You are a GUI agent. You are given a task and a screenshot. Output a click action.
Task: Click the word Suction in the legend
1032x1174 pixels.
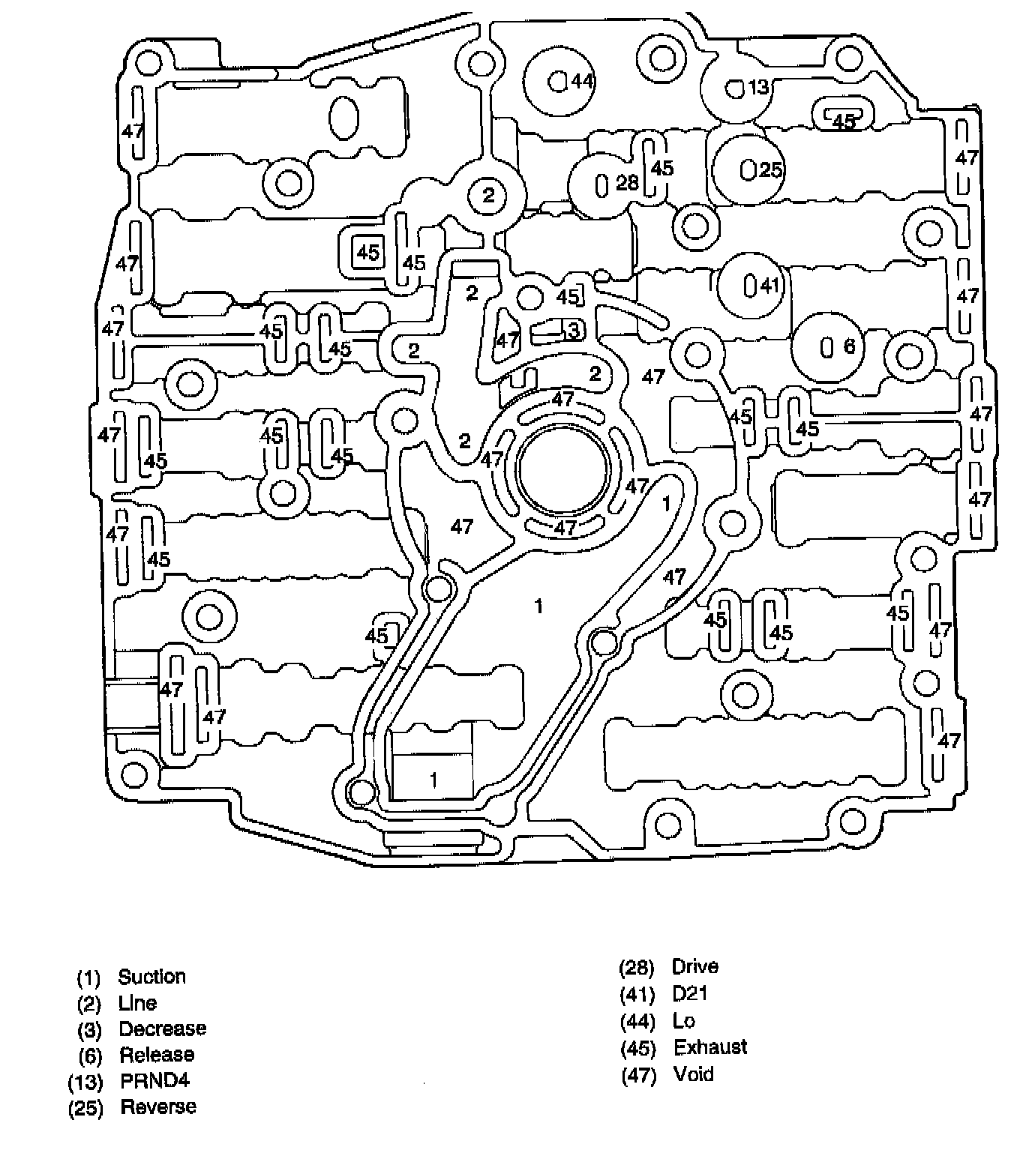pos(151,977)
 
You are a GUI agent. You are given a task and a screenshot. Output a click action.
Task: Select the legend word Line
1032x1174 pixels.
pos(137,1003)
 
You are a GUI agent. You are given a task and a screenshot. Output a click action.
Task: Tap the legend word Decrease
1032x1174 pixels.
pos(162,1029)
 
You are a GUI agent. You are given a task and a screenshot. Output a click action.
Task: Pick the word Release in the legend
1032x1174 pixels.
pos(157,1055)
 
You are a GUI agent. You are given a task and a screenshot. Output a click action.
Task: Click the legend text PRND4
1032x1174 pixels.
pos(154,1081)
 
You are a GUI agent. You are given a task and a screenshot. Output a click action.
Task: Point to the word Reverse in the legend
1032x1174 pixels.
pos(158,1107)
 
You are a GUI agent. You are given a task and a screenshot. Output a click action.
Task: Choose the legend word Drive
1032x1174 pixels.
pos(694,966)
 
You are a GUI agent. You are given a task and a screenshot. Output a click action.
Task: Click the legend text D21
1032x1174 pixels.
pos(690,993)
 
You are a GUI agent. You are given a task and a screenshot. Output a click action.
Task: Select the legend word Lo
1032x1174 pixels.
pos(683,1020)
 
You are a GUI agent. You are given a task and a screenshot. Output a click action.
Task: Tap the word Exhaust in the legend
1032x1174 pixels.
pos(709,1047)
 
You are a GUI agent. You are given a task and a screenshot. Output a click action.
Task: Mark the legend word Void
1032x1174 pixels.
pos(693,1074)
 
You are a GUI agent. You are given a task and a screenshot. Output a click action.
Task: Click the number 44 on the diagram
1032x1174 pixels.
pos(582,80)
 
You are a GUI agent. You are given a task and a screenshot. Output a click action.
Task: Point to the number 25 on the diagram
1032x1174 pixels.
pos(770,170)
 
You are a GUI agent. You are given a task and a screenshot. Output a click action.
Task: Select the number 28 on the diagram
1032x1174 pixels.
pos(627,182)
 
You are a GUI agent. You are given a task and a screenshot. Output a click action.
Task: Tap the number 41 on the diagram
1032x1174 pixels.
pos(770,285)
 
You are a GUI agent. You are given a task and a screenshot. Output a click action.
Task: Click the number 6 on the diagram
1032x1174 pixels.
pos(849,346)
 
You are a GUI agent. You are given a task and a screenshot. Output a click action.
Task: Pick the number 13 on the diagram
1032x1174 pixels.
pos(758,88)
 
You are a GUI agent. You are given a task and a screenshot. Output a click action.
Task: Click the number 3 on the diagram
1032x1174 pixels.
pos(572,330)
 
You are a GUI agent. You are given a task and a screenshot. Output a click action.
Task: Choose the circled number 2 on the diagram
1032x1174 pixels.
pos(489,196)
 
